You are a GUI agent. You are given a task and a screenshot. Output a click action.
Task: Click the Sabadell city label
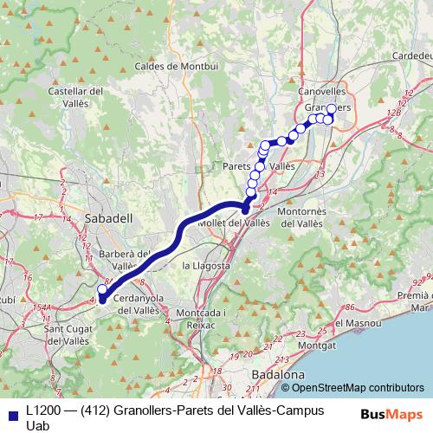click(109, 219)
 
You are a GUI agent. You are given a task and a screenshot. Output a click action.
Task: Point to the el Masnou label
click(356, 323)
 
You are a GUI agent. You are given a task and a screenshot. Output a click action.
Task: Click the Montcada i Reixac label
click(200, 316)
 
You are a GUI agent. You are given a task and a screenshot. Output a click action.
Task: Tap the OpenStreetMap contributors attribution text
click(358, 387)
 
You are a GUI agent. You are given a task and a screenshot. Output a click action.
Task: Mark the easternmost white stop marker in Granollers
click(331, 109)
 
